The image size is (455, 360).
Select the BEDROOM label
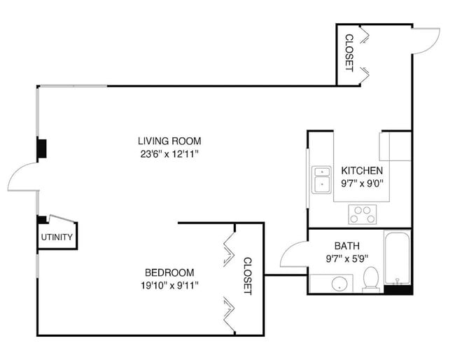(169, 272)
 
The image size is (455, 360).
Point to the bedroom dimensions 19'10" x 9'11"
(169, 285)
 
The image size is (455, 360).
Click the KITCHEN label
(361, 171)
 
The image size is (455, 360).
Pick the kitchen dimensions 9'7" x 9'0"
(361, 184)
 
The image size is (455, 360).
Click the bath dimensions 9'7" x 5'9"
(346, 258)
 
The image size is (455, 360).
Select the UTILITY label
(56, 237)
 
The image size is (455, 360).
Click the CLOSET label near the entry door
(348, 53)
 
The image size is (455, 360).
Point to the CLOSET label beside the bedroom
(247, 276)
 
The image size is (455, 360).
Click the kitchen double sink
(321, 179)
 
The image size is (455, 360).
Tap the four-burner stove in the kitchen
(363, 214)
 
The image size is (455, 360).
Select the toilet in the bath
(371, 279)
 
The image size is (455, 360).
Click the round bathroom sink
(339, 284)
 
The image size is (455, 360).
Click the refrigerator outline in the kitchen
(395, 146)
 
